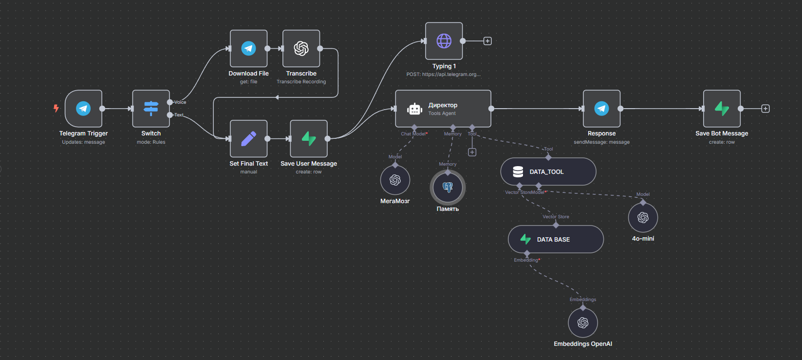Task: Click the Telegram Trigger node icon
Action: click(83, 109)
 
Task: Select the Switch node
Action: click(151, 109)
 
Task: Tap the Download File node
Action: click(248, 48)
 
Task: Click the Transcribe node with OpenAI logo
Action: click(301, 48)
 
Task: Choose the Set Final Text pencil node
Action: click(248, 139)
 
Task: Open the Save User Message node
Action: click(309, 139)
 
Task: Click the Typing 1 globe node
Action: click(444, 41)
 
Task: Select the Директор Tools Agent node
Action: click(443, 109)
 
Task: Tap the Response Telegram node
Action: click(601, 109)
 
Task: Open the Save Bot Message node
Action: click(722, 109)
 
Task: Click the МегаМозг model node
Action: click(395, 180)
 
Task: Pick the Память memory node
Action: click(448, 187)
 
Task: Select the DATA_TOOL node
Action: click(548, 171)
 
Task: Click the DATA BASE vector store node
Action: click(556, 239)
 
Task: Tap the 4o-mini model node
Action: click(643, 217)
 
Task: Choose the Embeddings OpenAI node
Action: click(583, 323)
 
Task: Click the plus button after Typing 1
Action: click(487, 41)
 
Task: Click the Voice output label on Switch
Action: click(180, 102)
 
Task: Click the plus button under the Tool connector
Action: click(472, 152)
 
